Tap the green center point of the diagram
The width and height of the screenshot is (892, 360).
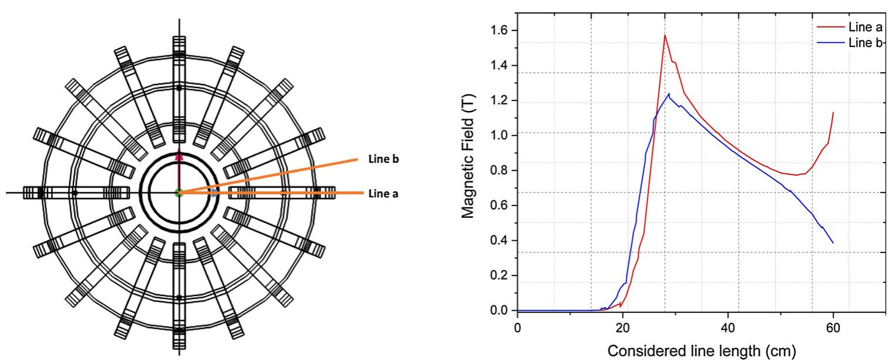click(179, 193)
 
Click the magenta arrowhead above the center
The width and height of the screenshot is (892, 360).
click(179, 156)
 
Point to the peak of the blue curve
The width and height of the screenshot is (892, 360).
click(669, 93)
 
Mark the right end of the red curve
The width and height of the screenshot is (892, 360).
click(833, 112)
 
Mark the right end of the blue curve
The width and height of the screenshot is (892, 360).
click(833, 243)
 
